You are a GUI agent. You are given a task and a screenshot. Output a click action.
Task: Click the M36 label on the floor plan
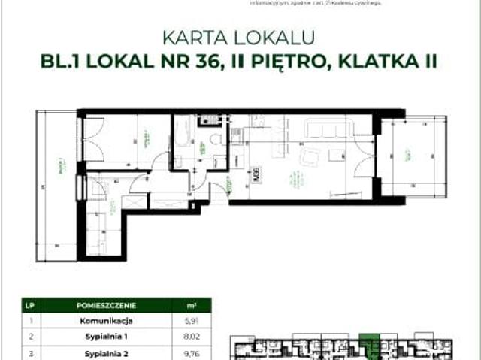click(257, 177)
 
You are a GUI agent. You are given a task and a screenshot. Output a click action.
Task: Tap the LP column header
click(29, 306)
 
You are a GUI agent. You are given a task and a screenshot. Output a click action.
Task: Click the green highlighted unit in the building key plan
click(368, 340)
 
